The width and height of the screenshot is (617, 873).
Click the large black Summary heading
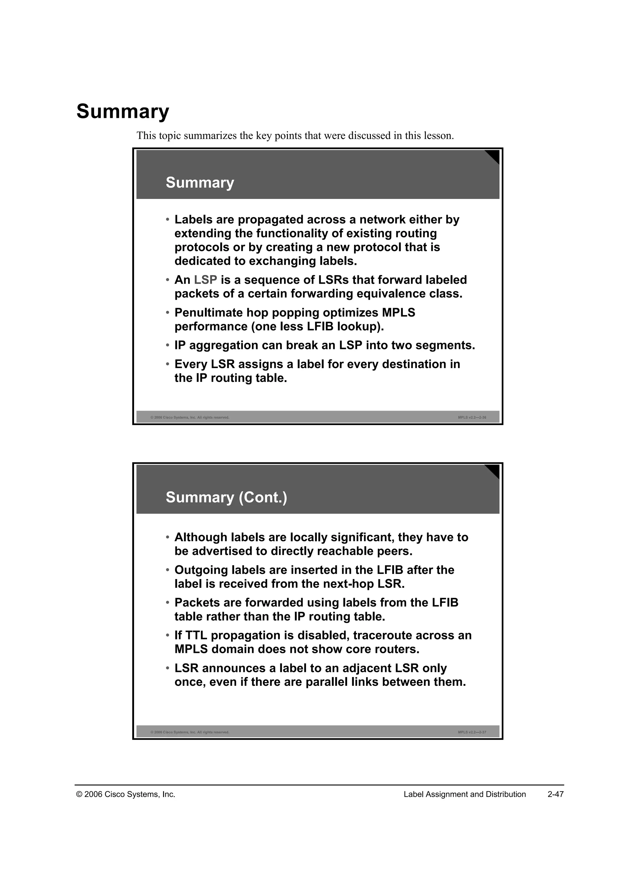tap(123, 112)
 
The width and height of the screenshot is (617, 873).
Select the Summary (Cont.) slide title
tap(227, 497)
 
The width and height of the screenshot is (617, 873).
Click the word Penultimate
tap(208, 313)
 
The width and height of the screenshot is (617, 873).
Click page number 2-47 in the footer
tap(556, 794)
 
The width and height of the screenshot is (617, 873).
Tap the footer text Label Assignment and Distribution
tap(465, 794)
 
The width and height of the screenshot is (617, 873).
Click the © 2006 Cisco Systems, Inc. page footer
tap(126, 794)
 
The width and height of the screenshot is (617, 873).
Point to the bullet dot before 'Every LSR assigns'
tap(168, 364)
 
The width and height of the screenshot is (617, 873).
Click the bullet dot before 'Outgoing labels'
tap(168, 570)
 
